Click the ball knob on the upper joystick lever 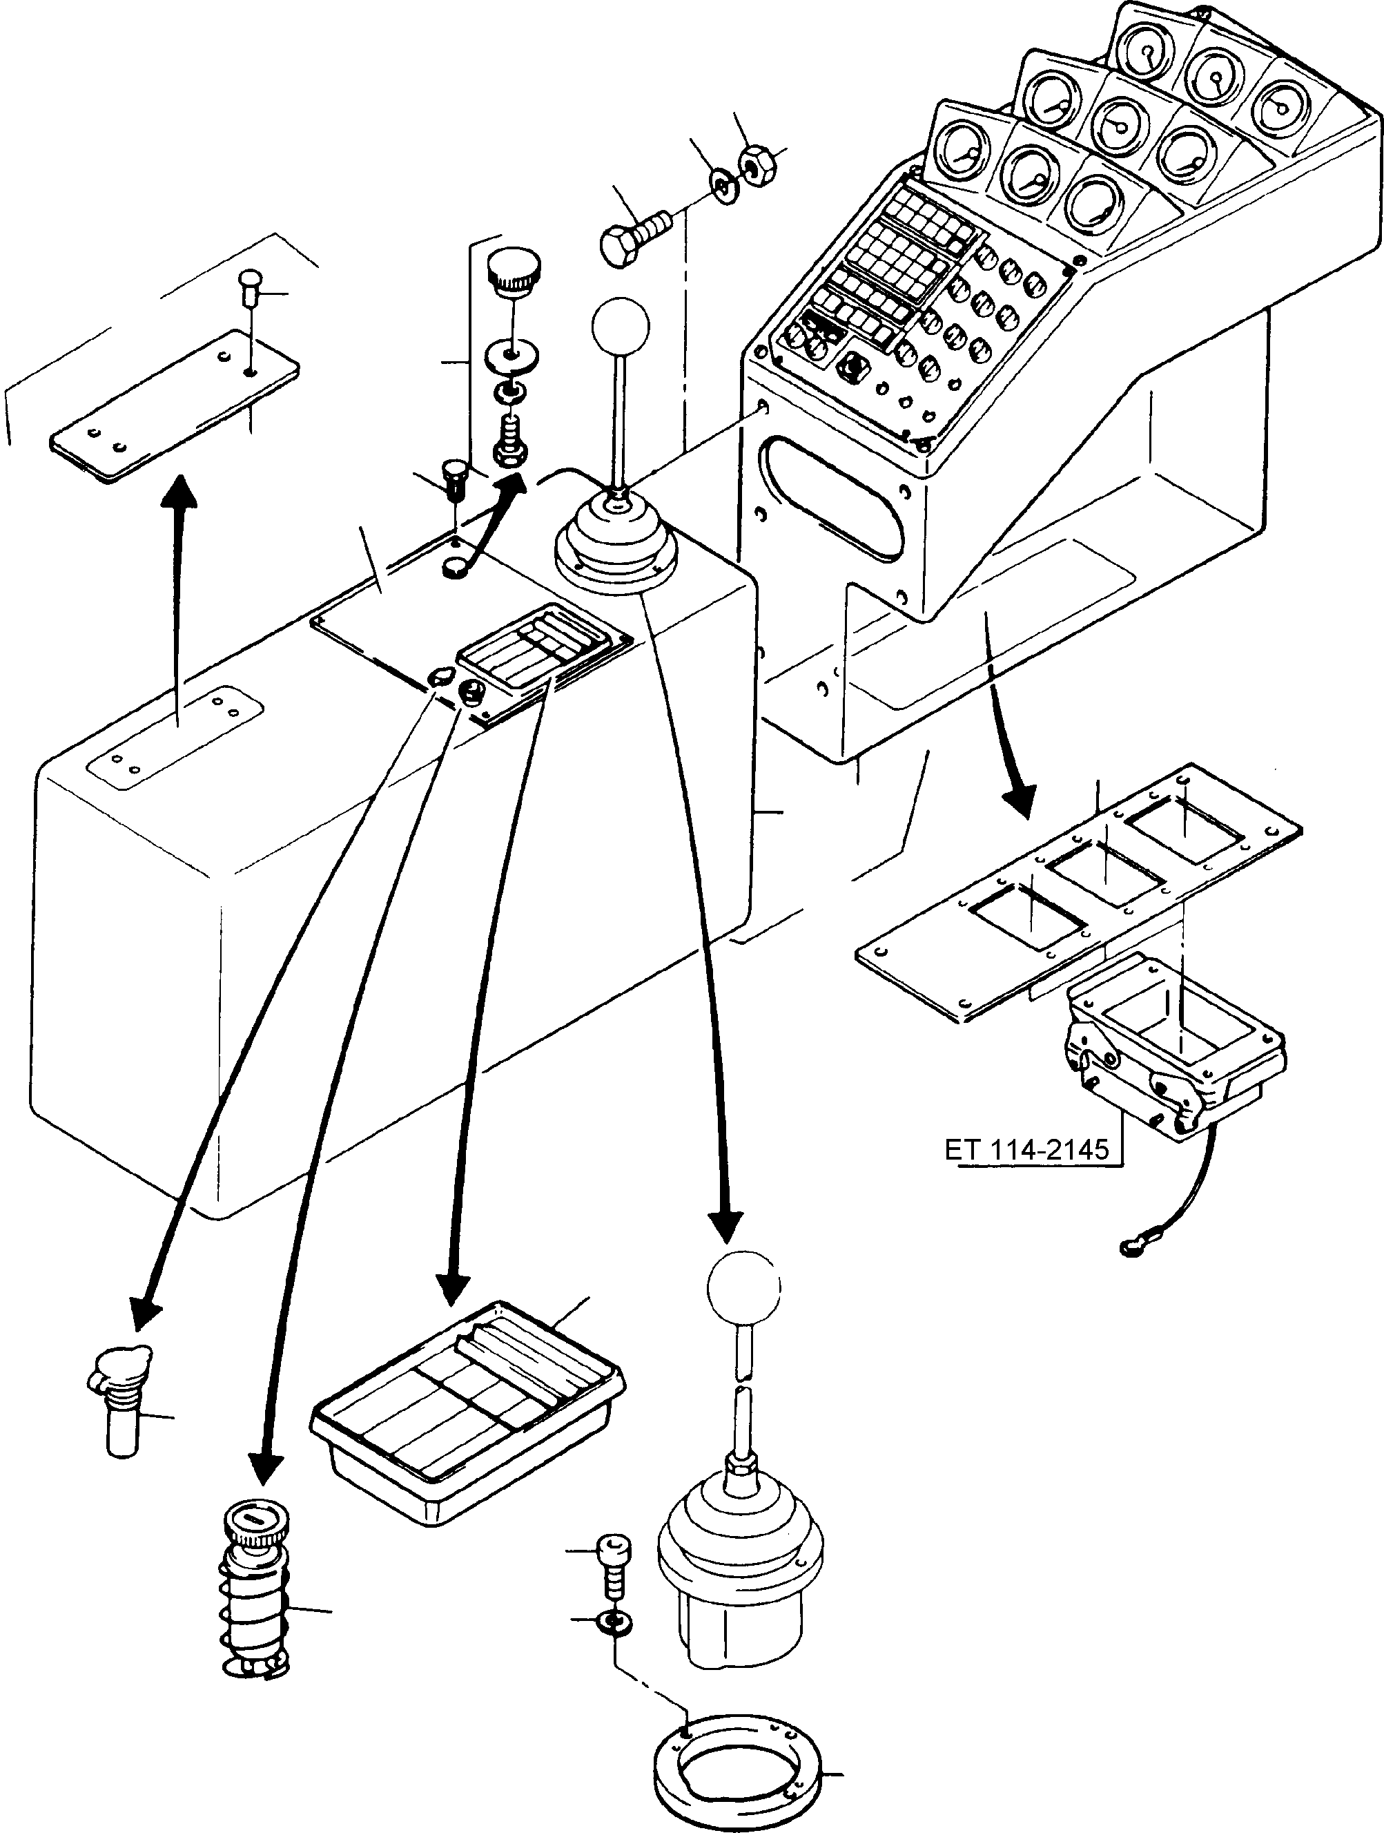point(620,325)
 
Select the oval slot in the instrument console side point(835,497)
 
